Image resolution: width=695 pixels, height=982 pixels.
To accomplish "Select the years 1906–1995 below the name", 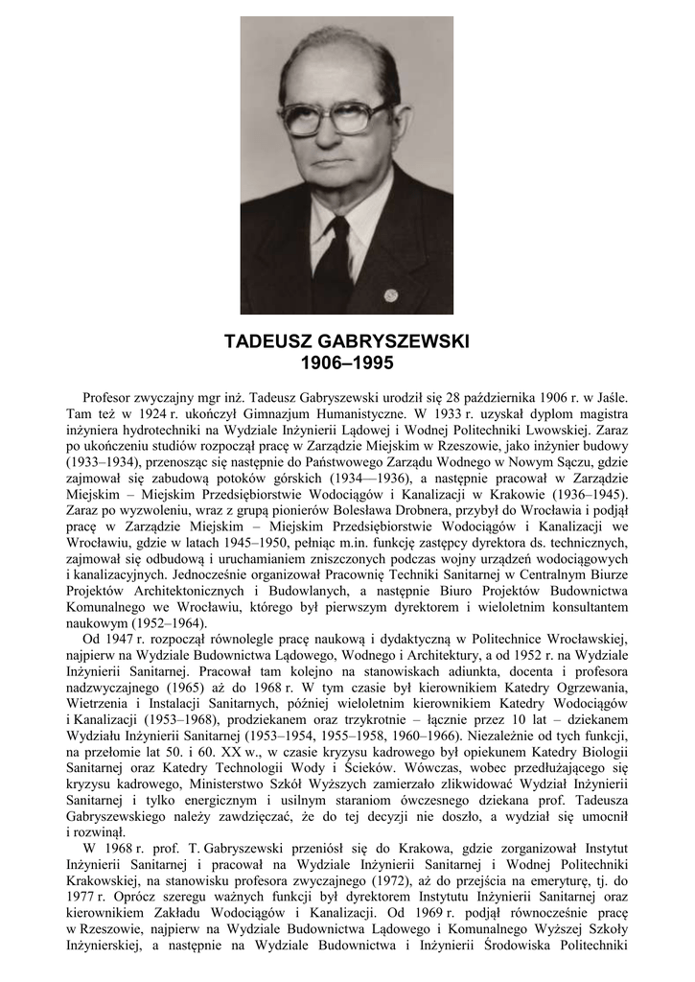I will [x=347, y=363].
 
